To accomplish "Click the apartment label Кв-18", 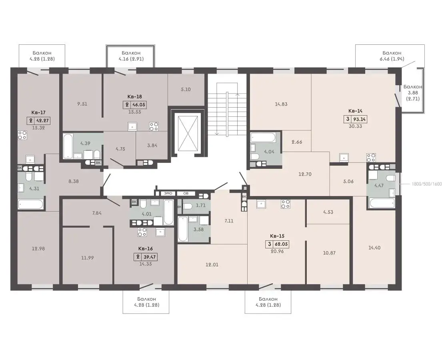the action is tap(134, 97).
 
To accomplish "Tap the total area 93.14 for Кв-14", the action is tap(359, 119).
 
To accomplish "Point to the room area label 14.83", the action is tap(281, 104).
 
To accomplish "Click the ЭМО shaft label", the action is tap(168, 193).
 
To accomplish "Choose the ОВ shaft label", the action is tap(186, 193).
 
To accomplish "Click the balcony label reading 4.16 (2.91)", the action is tap(131, 59).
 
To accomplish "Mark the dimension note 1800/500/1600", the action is tap(427, 184).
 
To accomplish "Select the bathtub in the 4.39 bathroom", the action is tap(68, 146).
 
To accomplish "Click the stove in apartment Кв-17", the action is tap(22, 135).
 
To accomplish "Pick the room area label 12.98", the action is tap(38, 248).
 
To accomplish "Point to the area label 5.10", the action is tap(186, 89).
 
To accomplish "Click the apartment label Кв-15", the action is tap(277, 236).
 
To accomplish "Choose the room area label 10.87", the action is tap(329, 253).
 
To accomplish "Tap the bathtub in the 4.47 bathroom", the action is tap(382, 203).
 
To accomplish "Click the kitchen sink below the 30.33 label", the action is tap(344, 157).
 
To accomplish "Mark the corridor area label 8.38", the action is tap(74, 181).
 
